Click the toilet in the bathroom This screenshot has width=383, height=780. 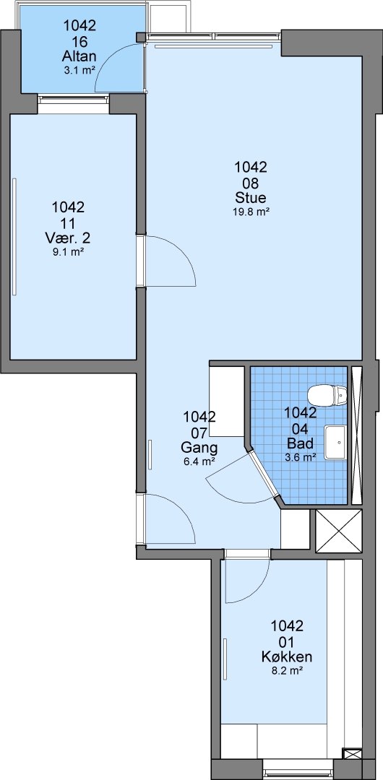[x=327, y=396]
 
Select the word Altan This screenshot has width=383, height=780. [x=79, y=55]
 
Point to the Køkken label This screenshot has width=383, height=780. [x=287, y=656]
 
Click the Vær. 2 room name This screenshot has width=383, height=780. [x=68, y=238]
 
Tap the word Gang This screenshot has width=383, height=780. [x=199, y=447]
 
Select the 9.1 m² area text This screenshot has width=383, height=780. [x=68, y=252]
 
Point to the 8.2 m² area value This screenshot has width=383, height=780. [x=288, y=670]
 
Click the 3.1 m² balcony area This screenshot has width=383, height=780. [x=79, y=70]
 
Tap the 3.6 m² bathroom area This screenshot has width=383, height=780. [x=300, y=456]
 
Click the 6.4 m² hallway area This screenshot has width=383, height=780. [x=199, y=461]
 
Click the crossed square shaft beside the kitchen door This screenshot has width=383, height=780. [x=339, y=531]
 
